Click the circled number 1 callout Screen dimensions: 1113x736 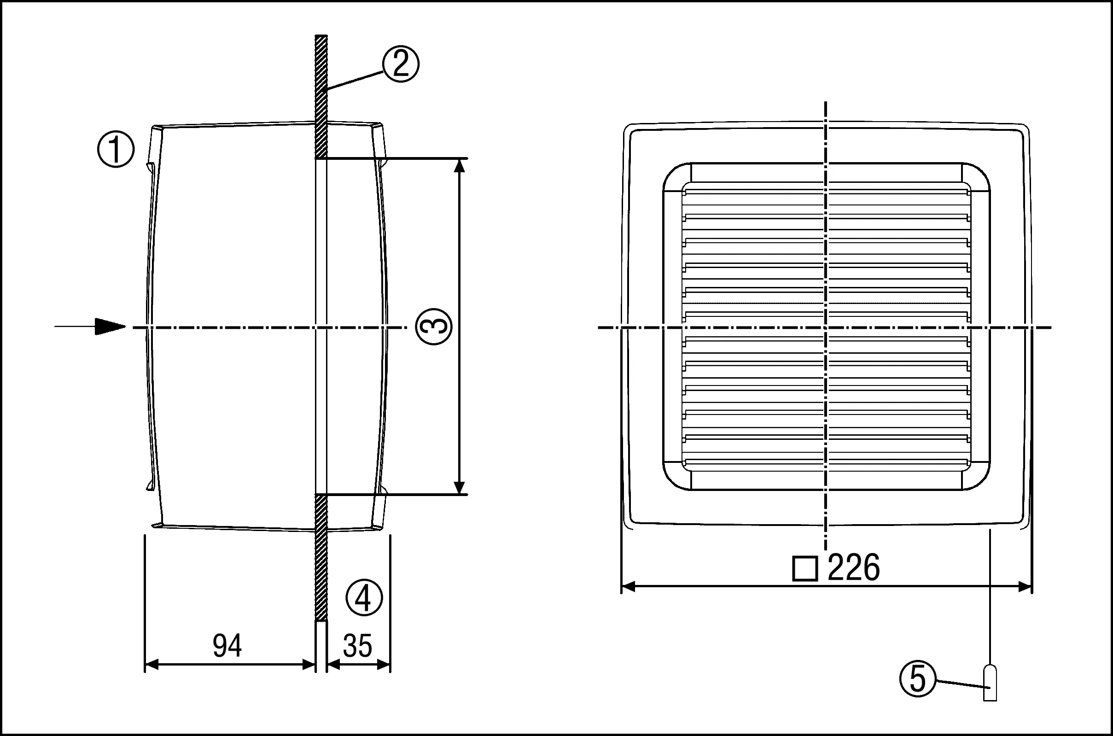(x=116, y=150)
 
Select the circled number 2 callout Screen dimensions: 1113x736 (x=400, y=64)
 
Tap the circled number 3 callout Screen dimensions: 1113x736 (x=434, y=327)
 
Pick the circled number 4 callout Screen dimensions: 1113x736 (x=364, y=597)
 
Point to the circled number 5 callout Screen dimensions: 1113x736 (x=917, y=679)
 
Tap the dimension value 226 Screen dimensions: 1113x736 (x=854, y=567)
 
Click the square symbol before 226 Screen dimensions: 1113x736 (x=805, y=569)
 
